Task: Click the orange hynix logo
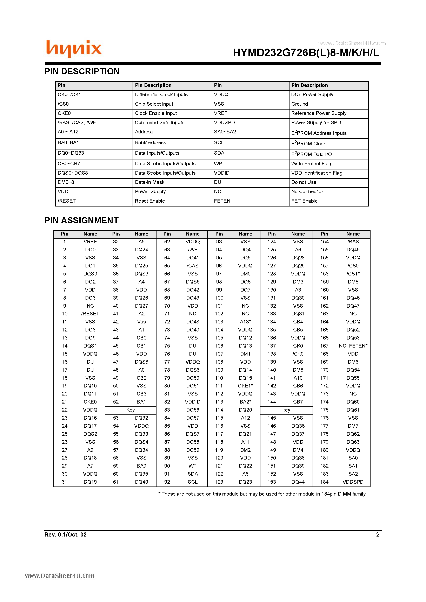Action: click(x=74, y=49)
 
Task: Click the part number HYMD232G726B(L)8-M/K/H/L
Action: click(x=306, y=53)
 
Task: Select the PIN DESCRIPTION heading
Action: click(x=82, y=71)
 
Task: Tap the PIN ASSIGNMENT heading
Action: click(x=81, y=220)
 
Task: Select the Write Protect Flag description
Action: click(x=311, y=164)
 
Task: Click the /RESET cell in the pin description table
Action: click(x=67, y=201)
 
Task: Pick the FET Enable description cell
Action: click(x=304, y=201)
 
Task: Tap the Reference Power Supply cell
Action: click(x=319, y=113)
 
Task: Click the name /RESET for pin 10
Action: click(x=90, y=314)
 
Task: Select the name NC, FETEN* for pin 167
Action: click(x=353, y=346)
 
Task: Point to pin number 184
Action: click(x=324, y=482)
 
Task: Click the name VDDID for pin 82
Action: click(x=193, y=402)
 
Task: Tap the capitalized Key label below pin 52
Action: click(x=131, y=410)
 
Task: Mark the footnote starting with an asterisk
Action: click(x=262, y=494)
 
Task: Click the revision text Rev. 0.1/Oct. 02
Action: click(x=65, y=535)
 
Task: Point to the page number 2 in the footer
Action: click(x=378, y=535)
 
